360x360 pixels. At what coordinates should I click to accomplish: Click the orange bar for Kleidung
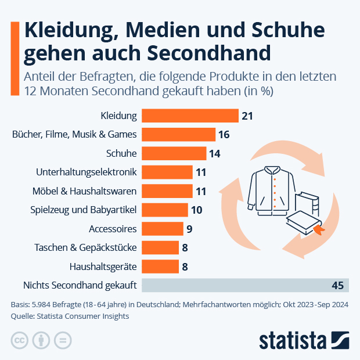[x=190, y=116]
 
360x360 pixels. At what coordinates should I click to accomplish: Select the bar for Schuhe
[x=174, y=153]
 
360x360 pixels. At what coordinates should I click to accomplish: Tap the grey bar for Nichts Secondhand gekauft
[x=244, y=285]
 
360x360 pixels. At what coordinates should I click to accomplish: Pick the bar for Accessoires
[x=162, y=229]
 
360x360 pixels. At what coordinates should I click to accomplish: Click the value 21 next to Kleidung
[x=247, y=116]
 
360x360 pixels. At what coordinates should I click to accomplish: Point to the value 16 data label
[x=224, y=135]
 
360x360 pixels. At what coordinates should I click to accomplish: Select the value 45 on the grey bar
[x=337, y=285]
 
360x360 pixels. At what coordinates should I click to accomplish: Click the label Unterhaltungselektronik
[x=86, y=172]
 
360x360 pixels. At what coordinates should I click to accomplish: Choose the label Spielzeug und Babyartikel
[x=83, y=210]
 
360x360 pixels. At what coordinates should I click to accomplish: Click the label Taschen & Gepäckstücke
[x=85, y=247]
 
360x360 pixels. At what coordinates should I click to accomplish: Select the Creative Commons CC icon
[x=20, y=340]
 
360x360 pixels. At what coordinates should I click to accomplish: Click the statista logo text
[x=293, y=340]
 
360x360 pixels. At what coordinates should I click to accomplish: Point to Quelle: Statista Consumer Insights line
[x=70, y=316]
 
